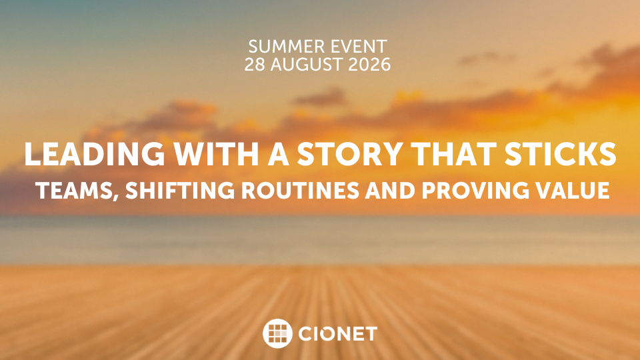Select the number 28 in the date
[255, 65]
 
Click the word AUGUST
[305, 65]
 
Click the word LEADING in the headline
[94, 154]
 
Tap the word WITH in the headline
[216, 154]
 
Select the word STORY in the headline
[350, 154]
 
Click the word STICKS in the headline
[561, 154]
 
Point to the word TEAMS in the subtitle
[73, 190]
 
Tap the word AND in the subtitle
[390, 190]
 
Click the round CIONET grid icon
[277, 333]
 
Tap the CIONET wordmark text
[337, 334]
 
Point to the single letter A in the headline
[278, 154]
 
